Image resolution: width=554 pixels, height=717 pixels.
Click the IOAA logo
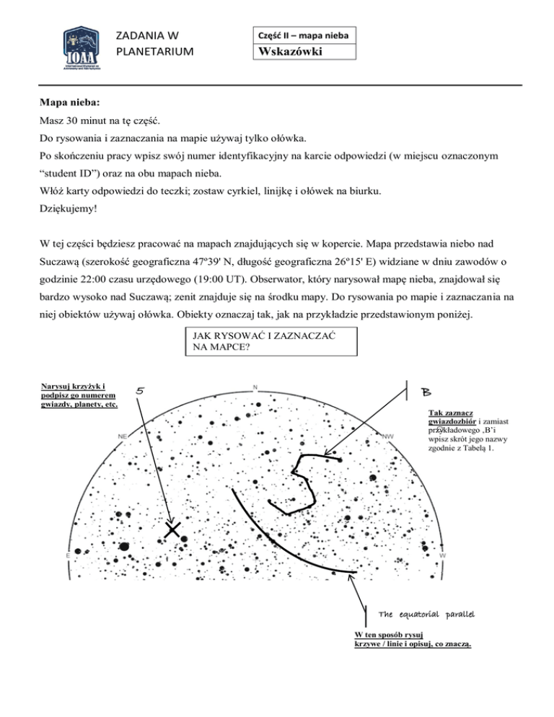[x=79, y=48]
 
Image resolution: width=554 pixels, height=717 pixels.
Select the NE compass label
[x=123, y=436]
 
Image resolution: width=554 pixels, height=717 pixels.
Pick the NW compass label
[x=388, y=436]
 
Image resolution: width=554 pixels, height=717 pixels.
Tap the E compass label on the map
[x=68, y=555]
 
